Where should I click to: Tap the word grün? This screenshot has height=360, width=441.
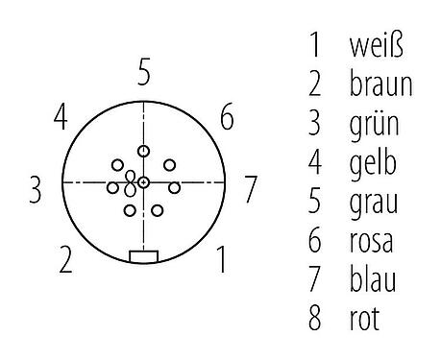click(371, 123)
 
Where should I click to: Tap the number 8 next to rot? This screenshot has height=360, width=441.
click(314, 317)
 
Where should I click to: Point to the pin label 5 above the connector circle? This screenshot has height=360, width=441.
click(143, 72)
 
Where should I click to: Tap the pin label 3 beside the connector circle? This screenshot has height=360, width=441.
click(36, 189)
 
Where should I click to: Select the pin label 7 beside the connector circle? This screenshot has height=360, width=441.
click(250, 189)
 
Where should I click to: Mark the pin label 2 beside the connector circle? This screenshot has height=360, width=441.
click(64, 260)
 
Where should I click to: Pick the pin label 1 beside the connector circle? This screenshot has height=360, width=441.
click(222, 260)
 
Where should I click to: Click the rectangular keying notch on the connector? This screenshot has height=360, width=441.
click(143, 256)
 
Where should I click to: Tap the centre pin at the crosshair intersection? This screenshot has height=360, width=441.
click(143, 181)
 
